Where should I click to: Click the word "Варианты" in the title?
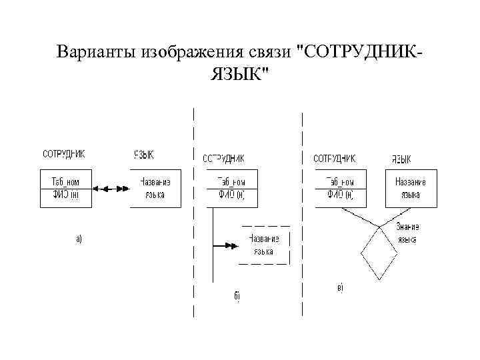point(95,52)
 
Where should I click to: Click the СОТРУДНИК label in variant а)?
point(64,154)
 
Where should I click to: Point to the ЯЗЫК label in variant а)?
point(144,155)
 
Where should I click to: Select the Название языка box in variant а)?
point(155,189)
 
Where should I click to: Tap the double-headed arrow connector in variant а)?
point(110,189)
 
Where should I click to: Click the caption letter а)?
point(78,238)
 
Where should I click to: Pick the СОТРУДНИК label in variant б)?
point(223,159)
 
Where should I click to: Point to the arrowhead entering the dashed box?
point(232,246)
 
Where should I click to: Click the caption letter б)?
point(237,295)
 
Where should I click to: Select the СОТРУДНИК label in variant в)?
point(334,159)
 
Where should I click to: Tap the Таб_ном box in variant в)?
point(340,189)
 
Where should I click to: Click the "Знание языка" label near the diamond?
point(406,233)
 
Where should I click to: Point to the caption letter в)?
point(340,288)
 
